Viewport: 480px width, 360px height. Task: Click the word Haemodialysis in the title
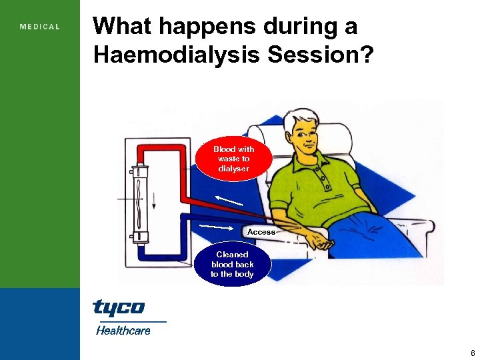(x=177, y=55)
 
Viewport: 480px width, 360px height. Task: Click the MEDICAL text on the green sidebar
(x=40, y=27)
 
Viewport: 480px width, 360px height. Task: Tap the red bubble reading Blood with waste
(x=233, y=159)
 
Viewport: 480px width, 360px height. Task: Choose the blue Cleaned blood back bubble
(x=233, y=264)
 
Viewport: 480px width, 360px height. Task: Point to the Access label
(x=261, y=232)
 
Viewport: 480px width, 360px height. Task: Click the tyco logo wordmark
(x=118, y=307)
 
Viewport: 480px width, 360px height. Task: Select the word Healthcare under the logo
(x=123, y=330)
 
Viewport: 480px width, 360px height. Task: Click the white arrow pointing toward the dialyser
(x=227, y=199)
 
